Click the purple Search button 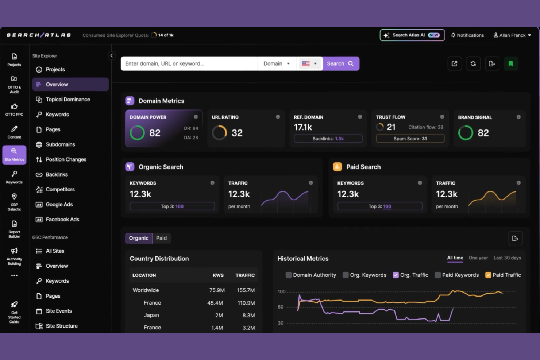(340, 63)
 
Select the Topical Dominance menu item (67, 100)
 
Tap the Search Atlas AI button (412, 35)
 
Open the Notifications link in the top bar (467, 35)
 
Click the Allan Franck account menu (512, 35)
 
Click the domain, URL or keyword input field (189, 63)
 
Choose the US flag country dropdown (309, 63)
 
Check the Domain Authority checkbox (289, 275)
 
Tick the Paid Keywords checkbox (438, 275)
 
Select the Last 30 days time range (507, 258)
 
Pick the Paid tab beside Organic (161, 238)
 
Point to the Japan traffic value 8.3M (248, 315)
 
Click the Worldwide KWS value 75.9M (217, 290)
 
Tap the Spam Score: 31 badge (410, 139)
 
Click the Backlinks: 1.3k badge (328, 139)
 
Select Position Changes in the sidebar (66, 159)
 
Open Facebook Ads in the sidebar (62, 220)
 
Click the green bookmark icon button (510, 64)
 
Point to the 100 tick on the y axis (281, 291)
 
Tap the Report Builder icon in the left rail (14, 229)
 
